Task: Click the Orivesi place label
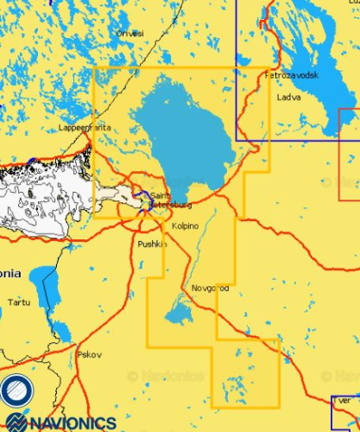coord(130,33)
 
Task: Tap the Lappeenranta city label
coord(85,127)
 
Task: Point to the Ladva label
coord(288,97)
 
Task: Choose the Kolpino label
coord(185,226)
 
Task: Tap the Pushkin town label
coord(151,245)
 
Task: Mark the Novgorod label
coord(210,287)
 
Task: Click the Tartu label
coord(18,302)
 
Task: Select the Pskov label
coord(89,354)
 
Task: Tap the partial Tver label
coord(343,401)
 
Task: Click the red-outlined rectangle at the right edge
coord(349,147)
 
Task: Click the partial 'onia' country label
coord(10,273)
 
